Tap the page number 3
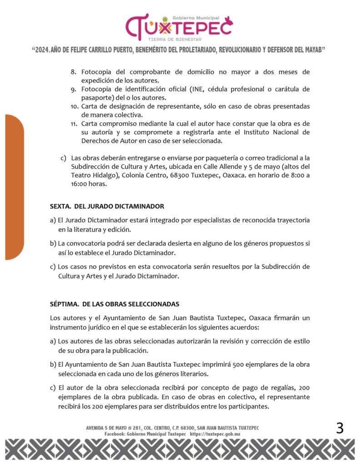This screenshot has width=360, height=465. pos(340,428)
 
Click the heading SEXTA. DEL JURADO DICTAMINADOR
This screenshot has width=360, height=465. pos(107,206)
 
